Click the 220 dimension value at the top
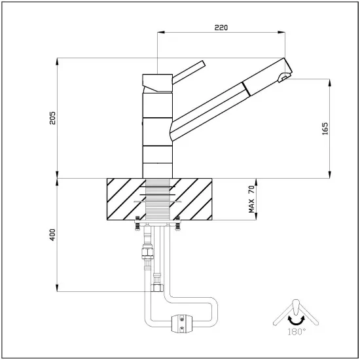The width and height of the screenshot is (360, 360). [x=221, y=28]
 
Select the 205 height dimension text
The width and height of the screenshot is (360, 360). [x=52, y=117]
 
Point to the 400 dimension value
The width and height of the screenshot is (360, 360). [x=52, y=234]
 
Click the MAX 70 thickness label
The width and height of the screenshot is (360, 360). [x=251, y=199]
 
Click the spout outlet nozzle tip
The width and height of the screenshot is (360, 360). [x=284, y=77]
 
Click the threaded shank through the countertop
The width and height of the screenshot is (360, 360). [x=158, y=200]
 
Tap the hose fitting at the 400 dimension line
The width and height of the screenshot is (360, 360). [x=157, y=288]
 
